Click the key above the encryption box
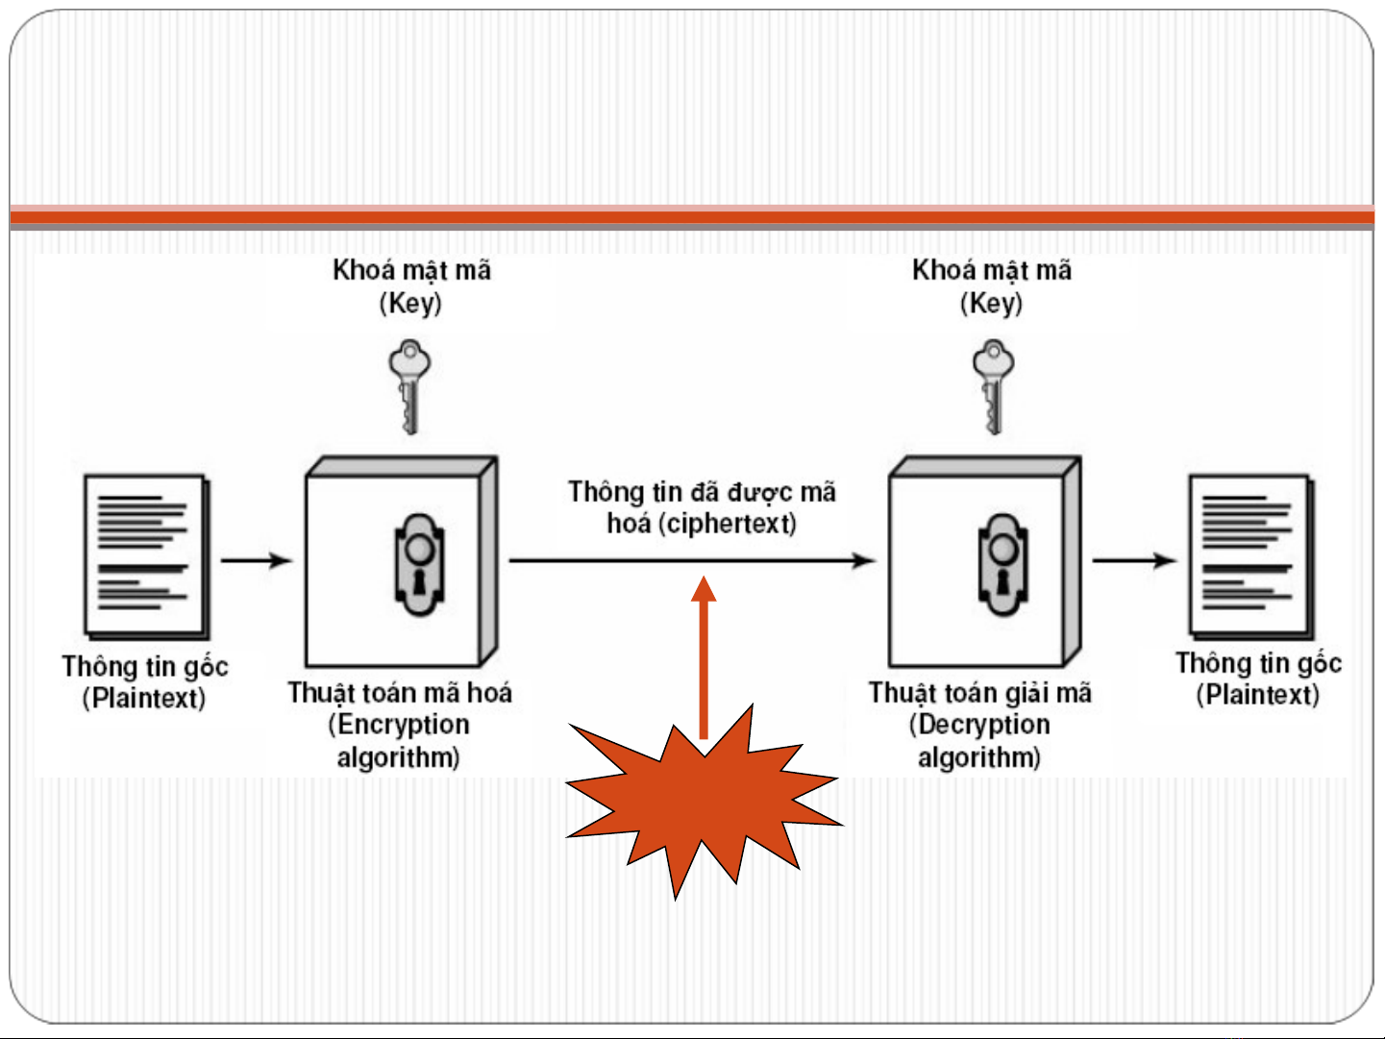409,384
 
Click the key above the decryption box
993,384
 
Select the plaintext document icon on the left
147,557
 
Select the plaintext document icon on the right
1250,557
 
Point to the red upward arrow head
705,588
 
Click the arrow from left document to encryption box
257,560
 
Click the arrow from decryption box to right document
1135,560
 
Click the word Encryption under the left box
404,725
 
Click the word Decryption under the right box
984,725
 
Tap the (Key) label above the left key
410,304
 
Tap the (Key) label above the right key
991,304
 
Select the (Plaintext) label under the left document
144,698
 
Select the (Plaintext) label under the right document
1257,695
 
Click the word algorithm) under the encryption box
398,757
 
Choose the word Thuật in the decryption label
900,693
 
